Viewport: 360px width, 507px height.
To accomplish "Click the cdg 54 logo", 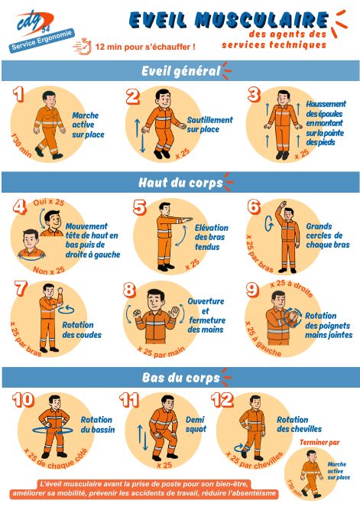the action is tap(34, 23).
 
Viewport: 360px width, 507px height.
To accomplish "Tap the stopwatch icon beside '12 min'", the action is tap(83, 46).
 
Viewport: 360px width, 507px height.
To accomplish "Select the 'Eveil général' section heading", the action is tap(180, 71).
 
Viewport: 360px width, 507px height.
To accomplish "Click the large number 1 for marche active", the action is tap(18, 94).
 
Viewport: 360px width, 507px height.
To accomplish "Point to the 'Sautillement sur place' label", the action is tap(209, 125).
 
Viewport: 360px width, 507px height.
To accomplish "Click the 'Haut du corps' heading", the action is tap(180, 182).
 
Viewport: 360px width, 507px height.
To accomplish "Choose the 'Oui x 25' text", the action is tap(49, 202).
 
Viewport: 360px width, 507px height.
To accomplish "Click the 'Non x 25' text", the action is tap(49, 270).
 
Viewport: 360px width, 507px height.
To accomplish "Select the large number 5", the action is tap(140, 207).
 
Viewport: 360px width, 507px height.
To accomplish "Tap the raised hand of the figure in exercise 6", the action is tap(283, 204).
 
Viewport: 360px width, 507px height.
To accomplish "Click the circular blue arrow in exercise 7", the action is tap(66, 310).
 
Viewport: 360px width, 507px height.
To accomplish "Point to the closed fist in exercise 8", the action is tap(137, 313).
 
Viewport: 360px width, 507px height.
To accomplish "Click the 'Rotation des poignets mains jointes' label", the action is tap(329, 325).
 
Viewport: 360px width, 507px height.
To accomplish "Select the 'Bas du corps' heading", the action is tap(180, 377).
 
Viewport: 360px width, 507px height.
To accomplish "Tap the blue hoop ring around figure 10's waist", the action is tap(53, 430).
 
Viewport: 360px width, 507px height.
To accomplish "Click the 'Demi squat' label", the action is tap(196, 424).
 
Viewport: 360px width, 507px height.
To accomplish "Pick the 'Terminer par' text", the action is tap(319, 442).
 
